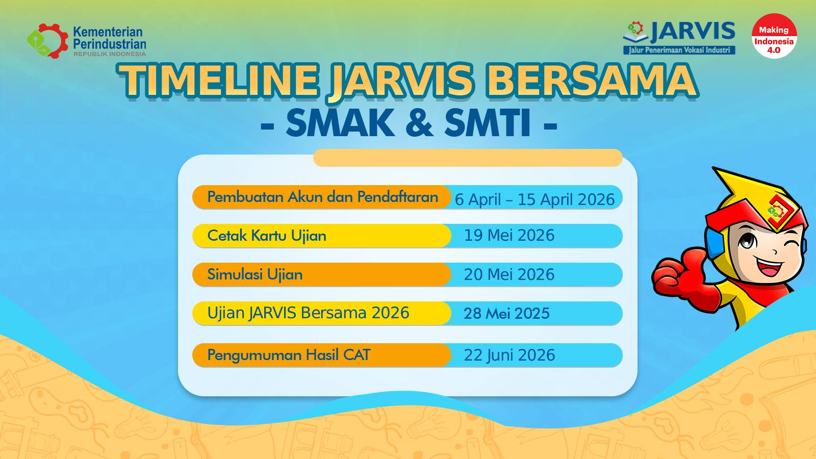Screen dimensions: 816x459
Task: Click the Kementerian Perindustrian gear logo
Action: click(48, 41)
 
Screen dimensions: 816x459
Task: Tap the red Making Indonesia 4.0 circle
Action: click(774, 36)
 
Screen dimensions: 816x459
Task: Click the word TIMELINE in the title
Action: click(218, 80)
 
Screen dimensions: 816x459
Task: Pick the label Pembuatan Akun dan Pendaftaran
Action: click(322, 197)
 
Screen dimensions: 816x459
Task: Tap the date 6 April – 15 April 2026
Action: click(535, 199)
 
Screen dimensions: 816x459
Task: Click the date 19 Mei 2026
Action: click(509, 235)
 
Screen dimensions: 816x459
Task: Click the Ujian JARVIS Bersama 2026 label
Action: click(308, 313)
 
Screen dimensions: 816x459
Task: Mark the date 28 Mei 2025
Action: click(506, 314)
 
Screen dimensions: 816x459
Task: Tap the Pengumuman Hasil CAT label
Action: click(289, 355)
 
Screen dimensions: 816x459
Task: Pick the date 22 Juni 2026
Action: click(509, 355)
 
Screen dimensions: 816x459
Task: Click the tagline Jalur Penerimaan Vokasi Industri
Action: click(679, 50)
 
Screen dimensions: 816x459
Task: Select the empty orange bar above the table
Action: click(468, 158)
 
